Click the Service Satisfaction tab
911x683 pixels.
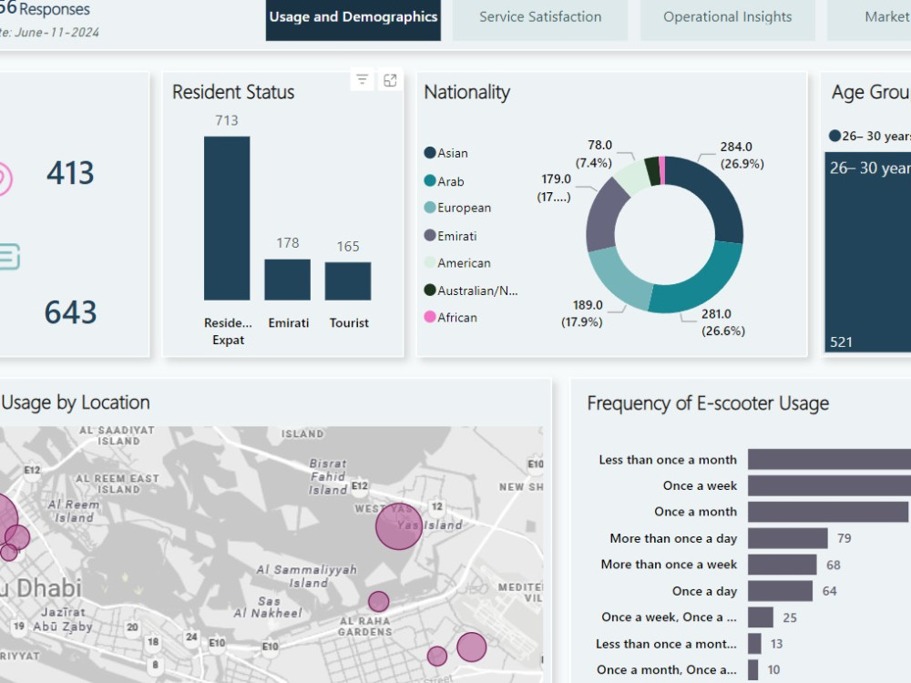pos(540,17)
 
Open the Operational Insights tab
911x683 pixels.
pos(727,17)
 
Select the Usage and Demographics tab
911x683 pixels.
pos(353,17)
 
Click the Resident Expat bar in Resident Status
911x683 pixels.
pos(227,219)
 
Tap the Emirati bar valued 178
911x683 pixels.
pos(288,280)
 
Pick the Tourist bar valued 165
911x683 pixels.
pos(348,281)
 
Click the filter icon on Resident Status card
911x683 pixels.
pos(363,80)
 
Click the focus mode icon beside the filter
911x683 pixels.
pos(390,80)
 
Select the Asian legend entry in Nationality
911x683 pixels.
pos(452,153)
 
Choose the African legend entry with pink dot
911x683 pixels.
pos(456,317)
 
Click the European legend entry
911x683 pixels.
pos(463,208)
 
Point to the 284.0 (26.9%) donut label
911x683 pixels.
pos(735,156)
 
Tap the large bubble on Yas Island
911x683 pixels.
pos(399,526)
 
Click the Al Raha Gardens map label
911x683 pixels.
pos(364,626)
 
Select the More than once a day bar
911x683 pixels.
pos(788,538)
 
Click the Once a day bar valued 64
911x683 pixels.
pos(781,591)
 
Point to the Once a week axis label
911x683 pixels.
pos(700,485)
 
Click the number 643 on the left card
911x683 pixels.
pos(71,312)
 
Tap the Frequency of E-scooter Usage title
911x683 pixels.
pos(708,403)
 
